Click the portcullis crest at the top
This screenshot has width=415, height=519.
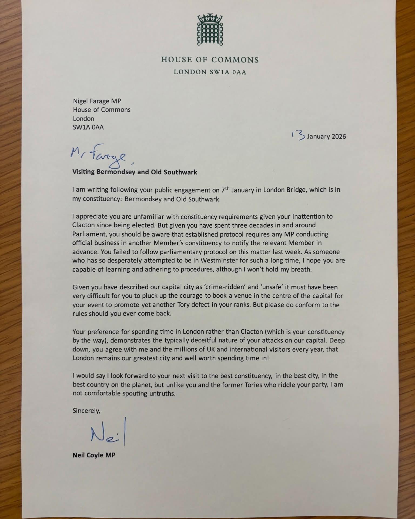pyautogui.click(x=210, y=30)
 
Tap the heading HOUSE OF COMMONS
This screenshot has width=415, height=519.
pyautogui.click(x=210, y=60)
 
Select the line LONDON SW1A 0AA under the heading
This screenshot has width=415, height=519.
pyautogui.click(x=210, y=72)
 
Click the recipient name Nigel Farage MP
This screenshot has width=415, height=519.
pyautogui.click(x=97, y=101)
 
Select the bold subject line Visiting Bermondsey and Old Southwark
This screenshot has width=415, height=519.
pyautogui.click(x=135, y=172)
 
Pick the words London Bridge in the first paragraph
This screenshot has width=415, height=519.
pyautogui.click(x=285, y=190)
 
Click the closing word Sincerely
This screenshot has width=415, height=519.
pyautogui.click(x=86, y=411)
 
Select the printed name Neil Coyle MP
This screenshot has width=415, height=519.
pyautogui.click(x=94, y=455)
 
